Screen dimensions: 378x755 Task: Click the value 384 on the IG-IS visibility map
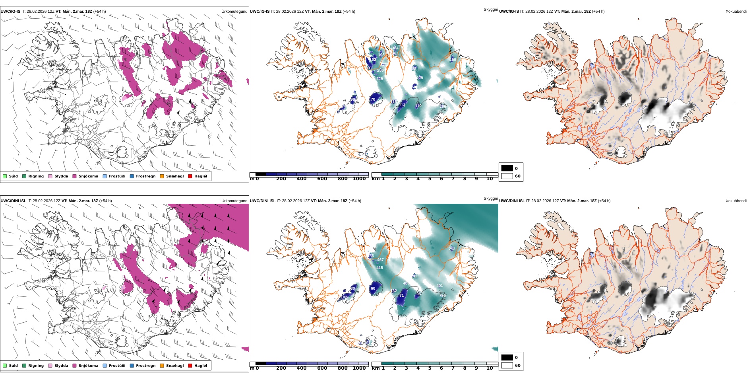click(395, 48)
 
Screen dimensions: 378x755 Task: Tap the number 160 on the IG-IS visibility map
click(453, 60)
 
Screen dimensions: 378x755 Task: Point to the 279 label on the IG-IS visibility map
click(420, 78)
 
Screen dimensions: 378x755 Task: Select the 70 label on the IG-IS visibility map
click(373, 99)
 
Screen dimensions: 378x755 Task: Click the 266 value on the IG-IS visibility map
click(443, 107)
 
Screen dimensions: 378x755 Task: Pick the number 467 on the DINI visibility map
click(380, 260)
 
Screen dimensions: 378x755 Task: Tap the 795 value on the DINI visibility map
click(442, 296)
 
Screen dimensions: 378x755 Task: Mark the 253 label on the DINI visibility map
click(452, 249)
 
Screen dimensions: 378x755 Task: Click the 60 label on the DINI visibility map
click(373, 288)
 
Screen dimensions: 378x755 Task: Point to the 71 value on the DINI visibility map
click(401, 296)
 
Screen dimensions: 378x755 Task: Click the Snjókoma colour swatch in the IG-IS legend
click(74, 176)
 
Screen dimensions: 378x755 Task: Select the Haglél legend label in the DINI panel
click(201, 366)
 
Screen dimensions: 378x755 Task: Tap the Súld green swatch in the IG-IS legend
click(5, 176)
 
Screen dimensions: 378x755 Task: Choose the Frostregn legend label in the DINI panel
click(145, 366)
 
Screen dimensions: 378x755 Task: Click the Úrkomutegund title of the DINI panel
click(234, 201)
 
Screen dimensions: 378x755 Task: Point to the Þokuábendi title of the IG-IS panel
click(736, 12)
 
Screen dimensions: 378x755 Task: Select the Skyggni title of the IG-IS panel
click(490, 9)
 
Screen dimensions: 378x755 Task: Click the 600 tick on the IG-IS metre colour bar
click(322, 179)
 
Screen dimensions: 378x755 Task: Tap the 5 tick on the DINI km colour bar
click(430, 368)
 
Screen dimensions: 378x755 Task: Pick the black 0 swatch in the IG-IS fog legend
click(507, 168)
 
